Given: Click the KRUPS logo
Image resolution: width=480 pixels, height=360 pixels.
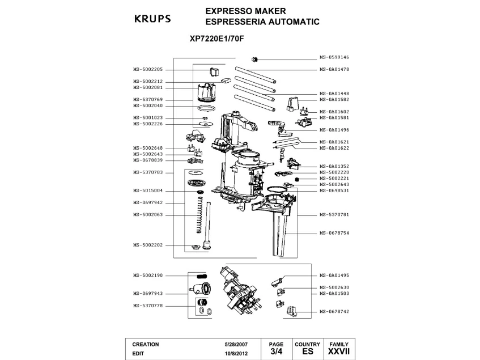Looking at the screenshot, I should pos(152,19).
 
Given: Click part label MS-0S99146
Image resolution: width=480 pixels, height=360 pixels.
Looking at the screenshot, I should pos(334,57).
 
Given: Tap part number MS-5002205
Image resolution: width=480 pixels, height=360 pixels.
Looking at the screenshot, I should pos(148,69).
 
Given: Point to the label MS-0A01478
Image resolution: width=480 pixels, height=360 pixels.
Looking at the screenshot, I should pos(334,69).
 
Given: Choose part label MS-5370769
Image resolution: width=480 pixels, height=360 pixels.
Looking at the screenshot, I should pos(148,99).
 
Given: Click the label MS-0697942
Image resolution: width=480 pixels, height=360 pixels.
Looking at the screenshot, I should pos(148,202).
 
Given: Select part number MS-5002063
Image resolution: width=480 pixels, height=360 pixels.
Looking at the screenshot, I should pos(148,215).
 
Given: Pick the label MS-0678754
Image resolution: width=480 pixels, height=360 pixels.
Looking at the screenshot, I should pos(334,232).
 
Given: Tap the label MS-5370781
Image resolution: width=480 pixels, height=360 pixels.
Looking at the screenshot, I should pos(334,215).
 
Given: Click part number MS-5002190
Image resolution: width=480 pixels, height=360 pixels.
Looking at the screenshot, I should pos(148,275).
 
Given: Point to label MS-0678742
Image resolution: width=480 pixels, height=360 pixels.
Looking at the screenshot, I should pos(334,311).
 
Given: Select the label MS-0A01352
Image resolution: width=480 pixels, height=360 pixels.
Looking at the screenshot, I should pos(334,166).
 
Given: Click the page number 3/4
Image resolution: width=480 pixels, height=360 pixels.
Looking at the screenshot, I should pos(276,351).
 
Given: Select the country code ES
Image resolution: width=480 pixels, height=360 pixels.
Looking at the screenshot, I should pos(307,351).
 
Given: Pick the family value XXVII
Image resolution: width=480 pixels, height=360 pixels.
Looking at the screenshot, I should pos(339,351).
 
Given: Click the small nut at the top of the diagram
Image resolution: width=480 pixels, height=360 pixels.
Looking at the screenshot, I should pos(254,59).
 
